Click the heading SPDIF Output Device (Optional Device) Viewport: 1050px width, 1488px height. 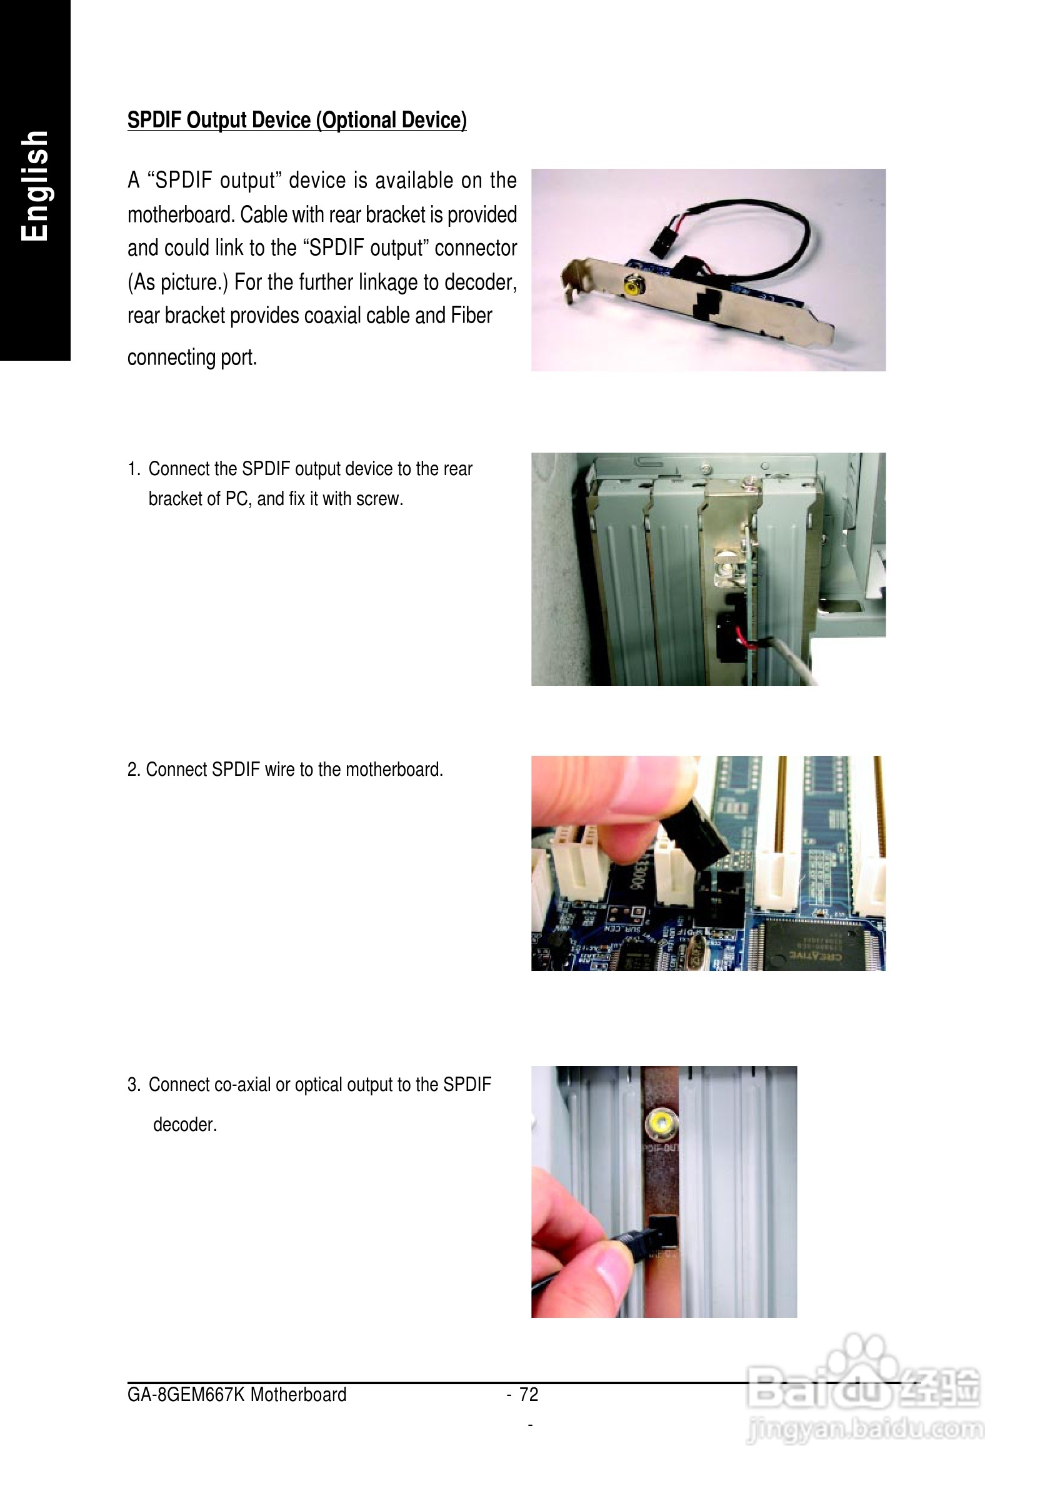297,121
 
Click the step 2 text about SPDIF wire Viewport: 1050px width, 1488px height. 285,769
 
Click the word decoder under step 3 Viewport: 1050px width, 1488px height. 184,1124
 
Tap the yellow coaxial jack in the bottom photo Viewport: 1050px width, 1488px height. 661,1124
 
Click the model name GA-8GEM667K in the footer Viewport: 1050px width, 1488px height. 186,1394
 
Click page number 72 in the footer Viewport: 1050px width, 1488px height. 529,1394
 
